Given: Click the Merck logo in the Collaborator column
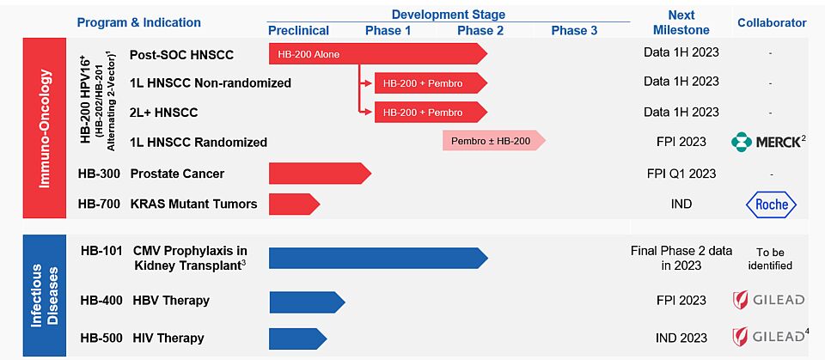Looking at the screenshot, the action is [x=768, y=143].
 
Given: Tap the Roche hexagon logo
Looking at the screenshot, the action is [x=772, y=204].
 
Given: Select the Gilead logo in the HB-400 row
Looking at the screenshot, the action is [x=768, y=301].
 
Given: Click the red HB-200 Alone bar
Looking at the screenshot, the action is [x=378, y=53].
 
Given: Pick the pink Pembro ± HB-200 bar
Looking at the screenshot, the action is [x=494, y=141].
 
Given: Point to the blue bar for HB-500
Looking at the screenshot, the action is [x=298, y=338].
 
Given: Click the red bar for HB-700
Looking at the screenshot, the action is [x=295, y=204].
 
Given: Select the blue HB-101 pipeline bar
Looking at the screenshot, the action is [x=378, y=258].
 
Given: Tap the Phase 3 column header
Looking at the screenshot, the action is [x=575, y=31].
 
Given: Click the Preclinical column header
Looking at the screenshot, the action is [x=299, y=31].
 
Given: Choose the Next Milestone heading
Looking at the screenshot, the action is [x=681, y=22].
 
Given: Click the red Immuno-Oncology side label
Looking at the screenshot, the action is [x=44, y=128].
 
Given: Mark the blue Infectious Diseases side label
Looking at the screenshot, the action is [x=44, y=296].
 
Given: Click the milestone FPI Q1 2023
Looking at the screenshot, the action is [x=681, y=174].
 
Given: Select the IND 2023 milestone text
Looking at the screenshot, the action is [x=681, y=338].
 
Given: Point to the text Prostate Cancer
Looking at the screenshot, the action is [x=177, y=174].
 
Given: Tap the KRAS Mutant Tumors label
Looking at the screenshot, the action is [x=194, y=204].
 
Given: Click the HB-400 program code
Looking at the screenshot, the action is [x=101, y=301].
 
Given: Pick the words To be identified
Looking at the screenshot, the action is [x=773, y=259].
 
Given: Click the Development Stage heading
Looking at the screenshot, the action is [x=449, y=15].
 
